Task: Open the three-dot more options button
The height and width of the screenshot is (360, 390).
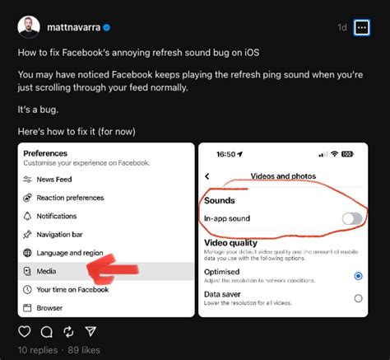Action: [x=362, y=27]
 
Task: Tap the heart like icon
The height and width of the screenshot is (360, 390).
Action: [x=25, y=332]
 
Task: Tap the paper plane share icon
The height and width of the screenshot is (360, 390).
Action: [x=89, y=332]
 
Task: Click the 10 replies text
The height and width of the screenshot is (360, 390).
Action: [x=36, y=350]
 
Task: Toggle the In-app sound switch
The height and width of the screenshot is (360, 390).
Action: [x=351, y=218]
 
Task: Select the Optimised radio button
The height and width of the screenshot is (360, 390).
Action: [x=358, y=276]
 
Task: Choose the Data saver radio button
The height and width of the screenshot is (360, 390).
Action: [x=358, y=298]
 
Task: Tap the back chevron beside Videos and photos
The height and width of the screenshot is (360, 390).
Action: [x=207, y=176]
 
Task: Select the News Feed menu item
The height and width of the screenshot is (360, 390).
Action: [x=54, y=180]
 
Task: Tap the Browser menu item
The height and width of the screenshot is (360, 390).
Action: [x=49, y=307]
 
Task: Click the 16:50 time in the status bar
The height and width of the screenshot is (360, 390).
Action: [x=226, y=154]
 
